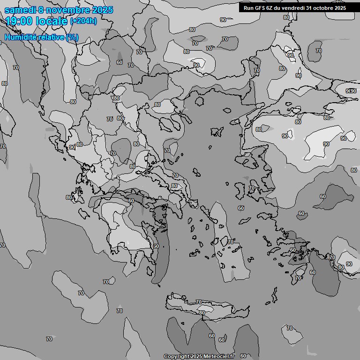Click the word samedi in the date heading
(19, 10)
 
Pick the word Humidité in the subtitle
(20, 37)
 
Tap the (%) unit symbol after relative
(72, 37)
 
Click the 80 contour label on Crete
(202, 313)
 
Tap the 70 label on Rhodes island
(298, 278)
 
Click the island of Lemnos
(216, 132)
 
